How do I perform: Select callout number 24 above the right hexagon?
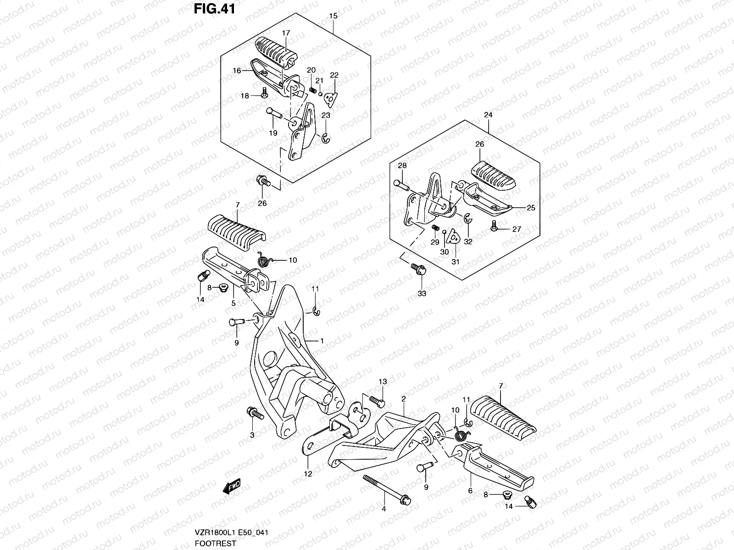tap(488, 115)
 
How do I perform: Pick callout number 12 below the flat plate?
tap(308, 474)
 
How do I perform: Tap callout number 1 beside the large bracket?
tap(322, 341)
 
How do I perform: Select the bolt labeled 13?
tap(377, 401)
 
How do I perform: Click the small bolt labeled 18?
tap(265, 95)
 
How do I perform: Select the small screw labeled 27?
tap(495, 227)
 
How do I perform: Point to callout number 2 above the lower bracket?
tap(403, 399)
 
